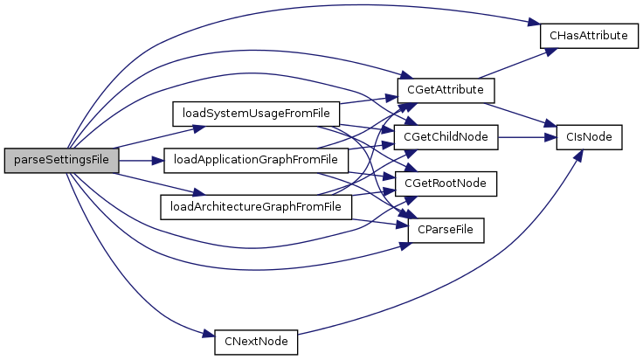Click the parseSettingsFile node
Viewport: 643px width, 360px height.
pyautogui.click(x=60, y=161)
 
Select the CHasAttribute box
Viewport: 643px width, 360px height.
pyautogui.click(x=584, y=36)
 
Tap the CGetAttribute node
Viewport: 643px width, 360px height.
pyautogui.click(x=446, y=89)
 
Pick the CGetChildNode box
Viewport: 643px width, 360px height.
pyautogui.click(x=446, y=137)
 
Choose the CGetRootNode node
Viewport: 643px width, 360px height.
pyautogui.click(x=446, y=183)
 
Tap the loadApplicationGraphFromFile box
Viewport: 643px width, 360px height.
pyautogui.click(x=255, y=160)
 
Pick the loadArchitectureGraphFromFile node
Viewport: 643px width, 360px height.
pyautogui.click(x=256, y=207)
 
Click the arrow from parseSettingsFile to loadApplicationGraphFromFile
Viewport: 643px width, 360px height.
pyautogui.click(x=141, y=161)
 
